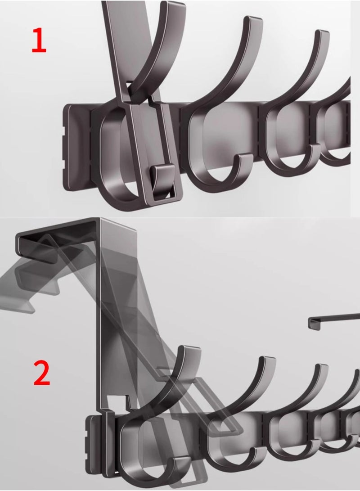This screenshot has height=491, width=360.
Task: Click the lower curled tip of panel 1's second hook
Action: click(245, 160)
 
